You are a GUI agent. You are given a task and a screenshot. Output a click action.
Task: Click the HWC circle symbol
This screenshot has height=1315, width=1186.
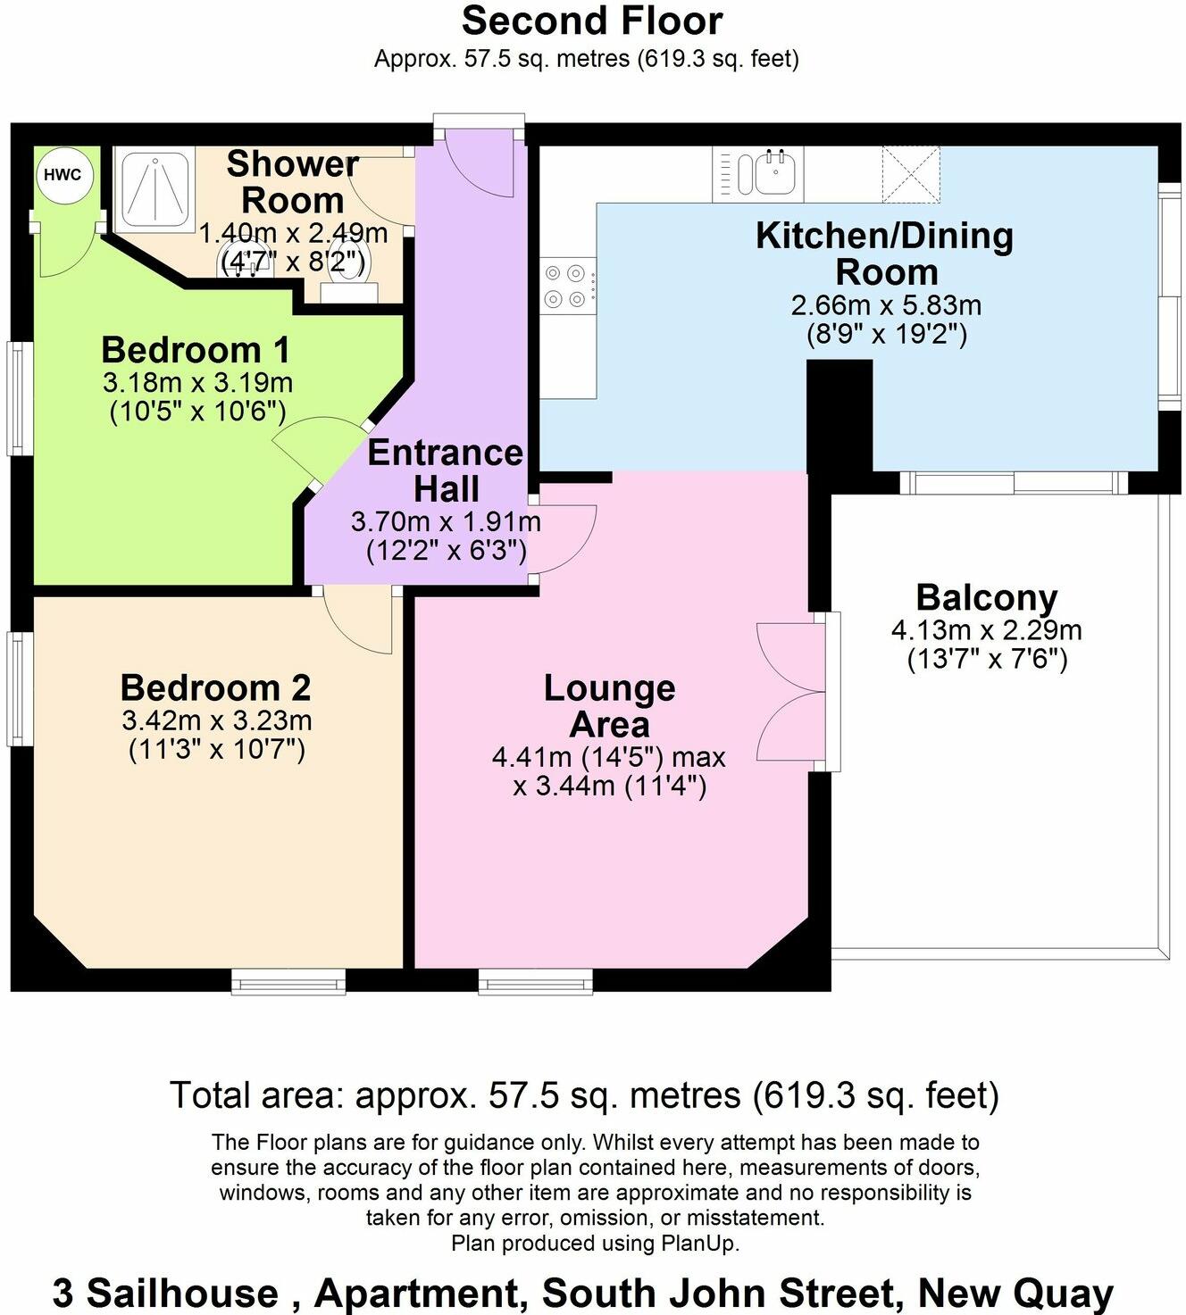click(x=63, y=174)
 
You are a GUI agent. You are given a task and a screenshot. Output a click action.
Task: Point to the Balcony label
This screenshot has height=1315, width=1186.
click(x=986, y=597)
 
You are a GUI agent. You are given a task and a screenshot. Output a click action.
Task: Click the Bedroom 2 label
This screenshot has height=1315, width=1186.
click(x=215, y=688)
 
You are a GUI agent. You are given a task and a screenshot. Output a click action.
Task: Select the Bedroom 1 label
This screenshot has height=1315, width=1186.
click(x=196, y=350)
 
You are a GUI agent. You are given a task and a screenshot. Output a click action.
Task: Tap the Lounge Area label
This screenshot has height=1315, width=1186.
click(x=609, y=705)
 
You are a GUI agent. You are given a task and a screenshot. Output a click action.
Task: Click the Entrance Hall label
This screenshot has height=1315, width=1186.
click(x=446, y=470)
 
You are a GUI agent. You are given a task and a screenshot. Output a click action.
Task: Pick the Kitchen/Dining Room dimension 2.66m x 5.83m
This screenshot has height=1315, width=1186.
click(x=886, y=305)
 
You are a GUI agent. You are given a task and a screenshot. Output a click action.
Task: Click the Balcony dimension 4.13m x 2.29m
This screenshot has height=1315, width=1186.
click(x=986, y=630)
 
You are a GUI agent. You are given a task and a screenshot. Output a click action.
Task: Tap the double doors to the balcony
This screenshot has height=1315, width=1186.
click(x=790, y=692)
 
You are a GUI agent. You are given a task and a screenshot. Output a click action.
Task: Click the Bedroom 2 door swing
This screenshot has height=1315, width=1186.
click(x=357, y=620)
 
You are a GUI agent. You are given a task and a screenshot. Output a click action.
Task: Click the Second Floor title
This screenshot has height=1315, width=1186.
click(x=592, y=21)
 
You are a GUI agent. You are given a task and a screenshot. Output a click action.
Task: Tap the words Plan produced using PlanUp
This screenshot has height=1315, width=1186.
click(x=595, y=1243)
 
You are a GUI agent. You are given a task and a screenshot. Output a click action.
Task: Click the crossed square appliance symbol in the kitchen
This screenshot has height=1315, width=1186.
click(x=911, y=174)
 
